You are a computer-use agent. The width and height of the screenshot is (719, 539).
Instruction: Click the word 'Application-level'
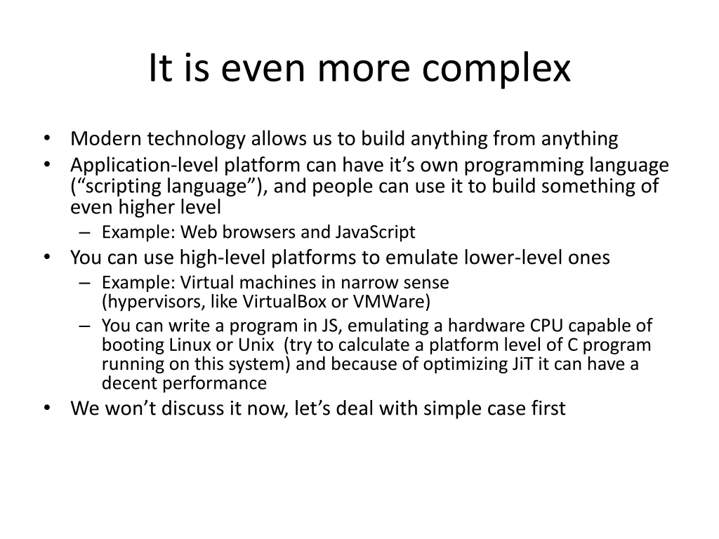point(144,166)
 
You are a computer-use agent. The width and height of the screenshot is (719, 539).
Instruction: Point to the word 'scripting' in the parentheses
point(123,187)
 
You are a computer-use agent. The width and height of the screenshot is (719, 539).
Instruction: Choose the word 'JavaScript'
point(375,232)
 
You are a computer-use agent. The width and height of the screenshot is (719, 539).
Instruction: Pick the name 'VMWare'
point(391,302)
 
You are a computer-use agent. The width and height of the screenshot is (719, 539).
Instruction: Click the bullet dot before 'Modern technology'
point(46,139)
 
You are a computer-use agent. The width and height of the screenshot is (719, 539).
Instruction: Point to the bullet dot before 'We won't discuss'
point(46,408)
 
